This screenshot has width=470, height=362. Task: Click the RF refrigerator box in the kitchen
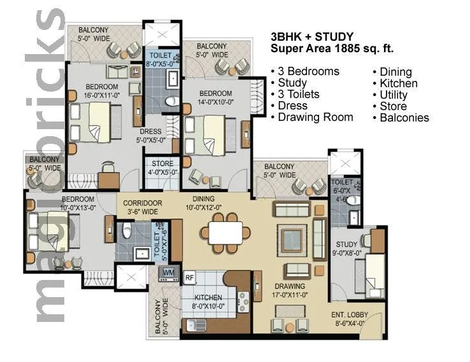189,277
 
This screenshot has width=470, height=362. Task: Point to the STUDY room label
347,244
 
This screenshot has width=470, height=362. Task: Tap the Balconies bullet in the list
404,118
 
